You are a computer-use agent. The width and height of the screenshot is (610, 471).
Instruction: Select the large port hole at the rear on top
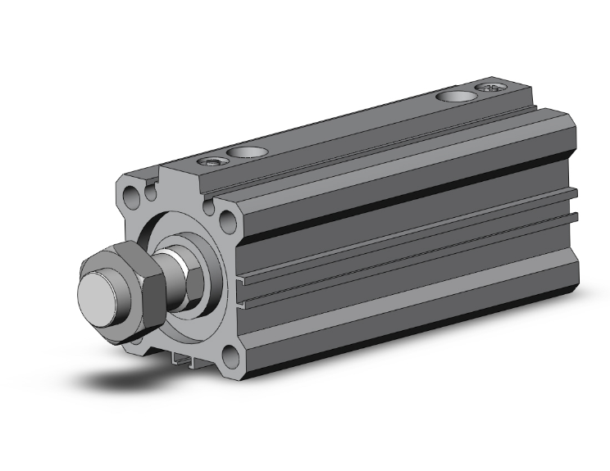(452, 97)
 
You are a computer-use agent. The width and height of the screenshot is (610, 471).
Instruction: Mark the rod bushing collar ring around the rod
(205, 246)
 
